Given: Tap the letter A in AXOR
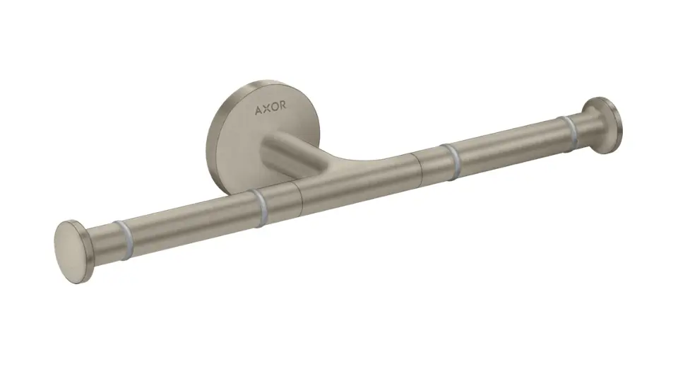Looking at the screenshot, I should click(258, 111).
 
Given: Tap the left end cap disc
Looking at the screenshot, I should click(71, 243).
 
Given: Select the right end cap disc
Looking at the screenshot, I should click(605, 123).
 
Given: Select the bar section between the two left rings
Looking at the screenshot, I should click(191, 223).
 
